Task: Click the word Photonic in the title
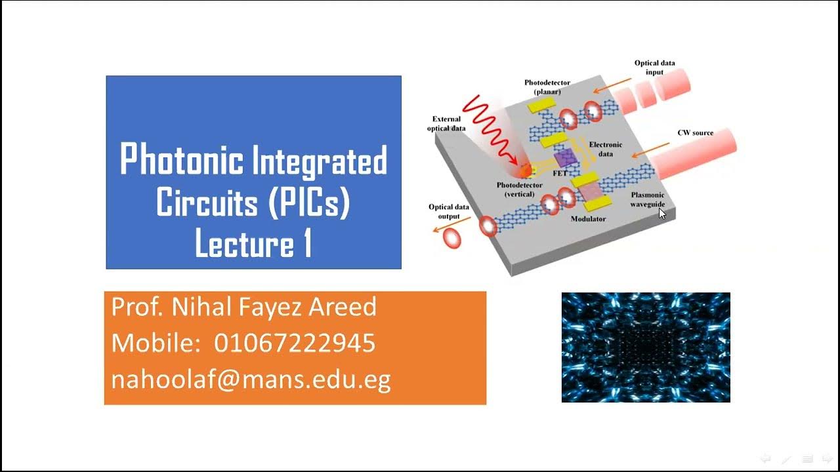(x=181, y=161)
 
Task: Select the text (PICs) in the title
(x=309, y=203)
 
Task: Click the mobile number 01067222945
(x=295, y=343)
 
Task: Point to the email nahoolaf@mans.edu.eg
(x=251, y=380)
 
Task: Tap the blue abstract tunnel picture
(x=646, y=347)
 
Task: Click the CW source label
(x=695, y=133)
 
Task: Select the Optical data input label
(x=654, y=68)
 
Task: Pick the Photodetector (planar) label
(x=547, y=87)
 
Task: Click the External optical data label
(x=446, y=124)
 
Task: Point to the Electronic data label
(x=606, y=149)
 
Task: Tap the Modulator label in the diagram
(x=588, y=219)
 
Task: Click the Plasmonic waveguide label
(x=648, y=199)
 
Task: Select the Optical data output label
(x=449, y=212)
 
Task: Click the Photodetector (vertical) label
(x=519, y=189)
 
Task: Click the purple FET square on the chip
(x=564, y=157)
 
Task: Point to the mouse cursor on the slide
(x=662, y=213)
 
